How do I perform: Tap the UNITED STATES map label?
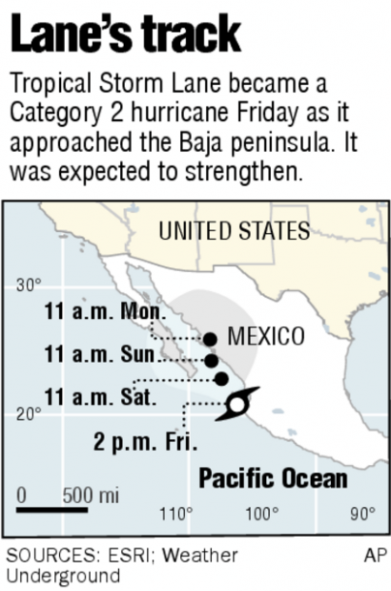tap(234, 231)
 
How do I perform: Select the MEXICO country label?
tap(266, 337)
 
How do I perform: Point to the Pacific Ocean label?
tap(272, 478)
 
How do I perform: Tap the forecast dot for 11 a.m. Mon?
tap(210, 338)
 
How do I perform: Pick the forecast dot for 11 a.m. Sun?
tap(212, 360)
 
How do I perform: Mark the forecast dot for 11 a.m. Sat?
tap(221, 379)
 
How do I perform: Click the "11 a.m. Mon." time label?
tap(105, 311)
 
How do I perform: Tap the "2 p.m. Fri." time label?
tap(145, 442)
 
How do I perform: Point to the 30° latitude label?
tap(29, 285)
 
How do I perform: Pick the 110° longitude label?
tap(175, 514)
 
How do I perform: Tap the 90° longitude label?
tap(361, 514)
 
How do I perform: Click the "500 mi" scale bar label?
tap(91, 496)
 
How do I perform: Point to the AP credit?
tap(375, 555)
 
